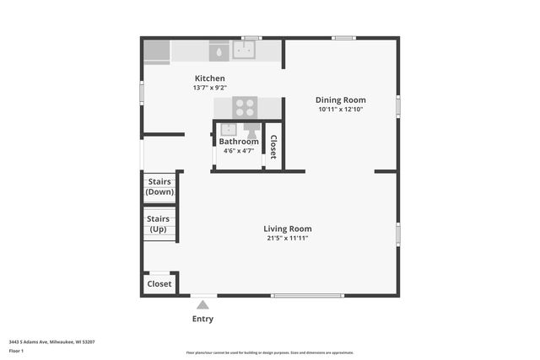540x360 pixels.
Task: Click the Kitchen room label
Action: [209, 78]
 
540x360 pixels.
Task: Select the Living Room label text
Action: [287, 228]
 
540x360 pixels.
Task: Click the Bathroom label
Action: [239, 142]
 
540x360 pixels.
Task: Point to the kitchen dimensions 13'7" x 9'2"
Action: [209, 88]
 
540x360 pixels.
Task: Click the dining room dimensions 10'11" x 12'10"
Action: [341, 109]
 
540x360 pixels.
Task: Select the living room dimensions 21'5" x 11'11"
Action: [287, 238]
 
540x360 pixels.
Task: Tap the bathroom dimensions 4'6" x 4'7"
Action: [239, 151]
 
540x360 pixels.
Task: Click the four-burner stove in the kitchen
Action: [245, 107]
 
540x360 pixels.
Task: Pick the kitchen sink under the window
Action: [246, 51]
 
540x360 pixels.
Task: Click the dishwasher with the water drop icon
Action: [219, 51]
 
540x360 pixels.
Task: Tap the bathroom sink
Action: [228, 130]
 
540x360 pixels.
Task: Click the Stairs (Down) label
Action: [159, 186]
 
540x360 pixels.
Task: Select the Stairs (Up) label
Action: [159, 224]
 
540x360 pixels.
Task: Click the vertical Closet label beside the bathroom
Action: [273, 148]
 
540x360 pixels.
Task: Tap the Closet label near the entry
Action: [159, 284]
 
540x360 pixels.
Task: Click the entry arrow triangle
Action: [202, 304]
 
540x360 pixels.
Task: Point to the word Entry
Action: [202, 319]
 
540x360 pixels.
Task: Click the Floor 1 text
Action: [17, 349]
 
